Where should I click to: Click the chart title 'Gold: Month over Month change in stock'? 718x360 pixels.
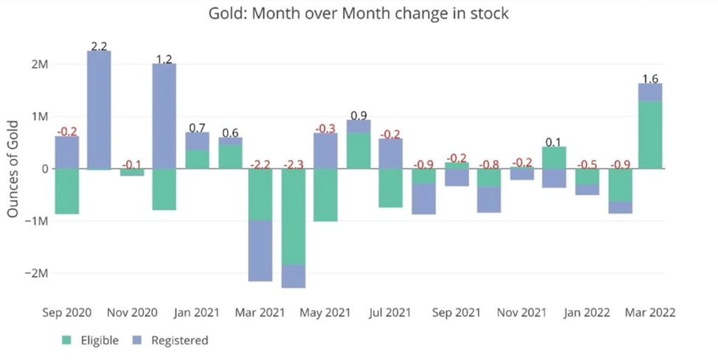359,14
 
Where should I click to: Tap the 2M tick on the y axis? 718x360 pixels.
38,64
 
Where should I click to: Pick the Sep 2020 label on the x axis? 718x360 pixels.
67,312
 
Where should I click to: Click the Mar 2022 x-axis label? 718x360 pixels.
650,312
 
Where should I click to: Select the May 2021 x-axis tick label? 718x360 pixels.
326,312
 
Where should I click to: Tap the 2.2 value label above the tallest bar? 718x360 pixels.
99,46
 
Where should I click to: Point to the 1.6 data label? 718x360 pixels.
650,79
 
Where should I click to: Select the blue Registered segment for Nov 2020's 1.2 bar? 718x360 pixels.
164,116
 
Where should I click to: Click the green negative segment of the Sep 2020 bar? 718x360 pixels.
67,191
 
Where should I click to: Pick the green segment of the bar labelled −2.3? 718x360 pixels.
294,216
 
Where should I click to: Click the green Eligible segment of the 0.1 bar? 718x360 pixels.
553,158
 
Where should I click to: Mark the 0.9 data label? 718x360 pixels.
359,116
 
